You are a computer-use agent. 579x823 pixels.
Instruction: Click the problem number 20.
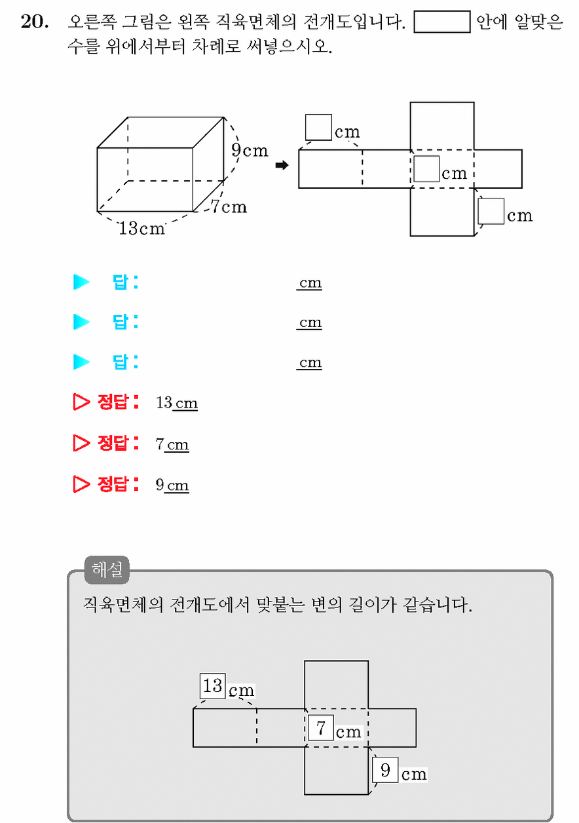pyautogui.click(x=35, y=22)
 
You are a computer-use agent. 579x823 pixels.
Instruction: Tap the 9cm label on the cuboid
pyautogui.click(x=250, y=150)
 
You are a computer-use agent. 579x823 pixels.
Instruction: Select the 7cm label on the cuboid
pyautogui.click(x=229, y=206)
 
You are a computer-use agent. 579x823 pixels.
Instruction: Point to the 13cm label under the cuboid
pyautogui.click(x=141, y=228)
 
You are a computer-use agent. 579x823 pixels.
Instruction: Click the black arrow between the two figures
pyautogui.click(x=282, y=165)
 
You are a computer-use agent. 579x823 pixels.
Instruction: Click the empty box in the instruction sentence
pyautogui.click(x=442, y=22)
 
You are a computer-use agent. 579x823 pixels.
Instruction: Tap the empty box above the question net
pyautogui.click(x=318, y=127)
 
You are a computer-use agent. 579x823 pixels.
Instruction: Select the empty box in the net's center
pyautogui.click(x=426, y=168)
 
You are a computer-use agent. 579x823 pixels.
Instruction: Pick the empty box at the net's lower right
pyautogui.click(x=491, y=211)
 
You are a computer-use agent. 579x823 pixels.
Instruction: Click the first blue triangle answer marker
pyautogui.click(x=81, y=282)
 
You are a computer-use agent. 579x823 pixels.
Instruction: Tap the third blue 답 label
pyautogui.click(x=125, y=362)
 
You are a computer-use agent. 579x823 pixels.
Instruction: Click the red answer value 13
pyautogui.click(x=164, y=402)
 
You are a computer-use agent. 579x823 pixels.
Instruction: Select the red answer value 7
pyautogui.click(x=160, y=444)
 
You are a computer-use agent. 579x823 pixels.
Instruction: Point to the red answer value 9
pyautogui.click(x=160, y=485)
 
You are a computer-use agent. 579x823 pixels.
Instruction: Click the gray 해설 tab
pyautogui.click(x=107, y=570)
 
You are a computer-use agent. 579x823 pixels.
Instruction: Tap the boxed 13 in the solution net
pyautogui.click(x=213, y=686)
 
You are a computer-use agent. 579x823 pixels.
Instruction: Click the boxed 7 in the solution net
pyautogui.click(x=320, y=728)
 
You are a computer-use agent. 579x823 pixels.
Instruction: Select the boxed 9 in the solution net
pyautogui.click(x=385, y=770)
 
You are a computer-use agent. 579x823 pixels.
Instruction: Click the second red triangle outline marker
pyautogui.click(x=81, y=443)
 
